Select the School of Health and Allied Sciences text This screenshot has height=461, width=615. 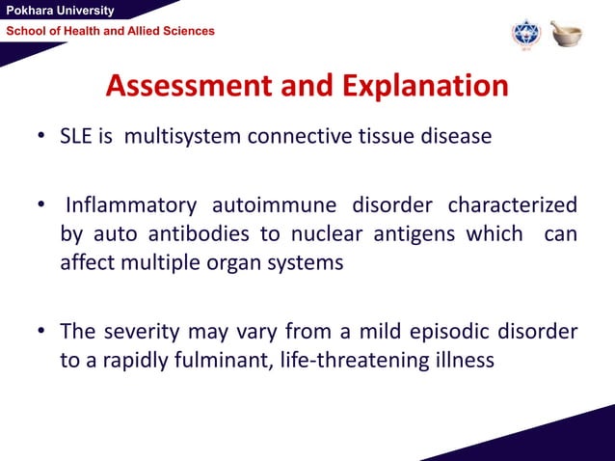coord(111,32)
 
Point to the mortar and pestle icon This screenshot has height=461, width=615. coord(566,34)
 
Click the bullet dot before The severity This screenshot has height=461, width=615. coord(42,333)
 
